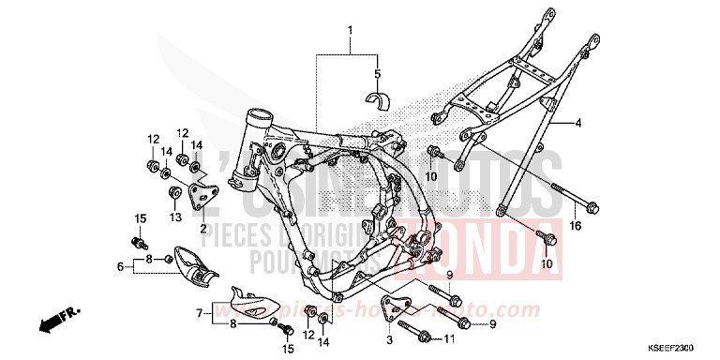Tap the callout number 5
pyautogui.click(x=377, y=73)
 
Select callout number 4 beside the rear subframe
pyautogui.click(x=578, y=123)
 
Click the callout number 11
pyautogui.click(x=449, y=338)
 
